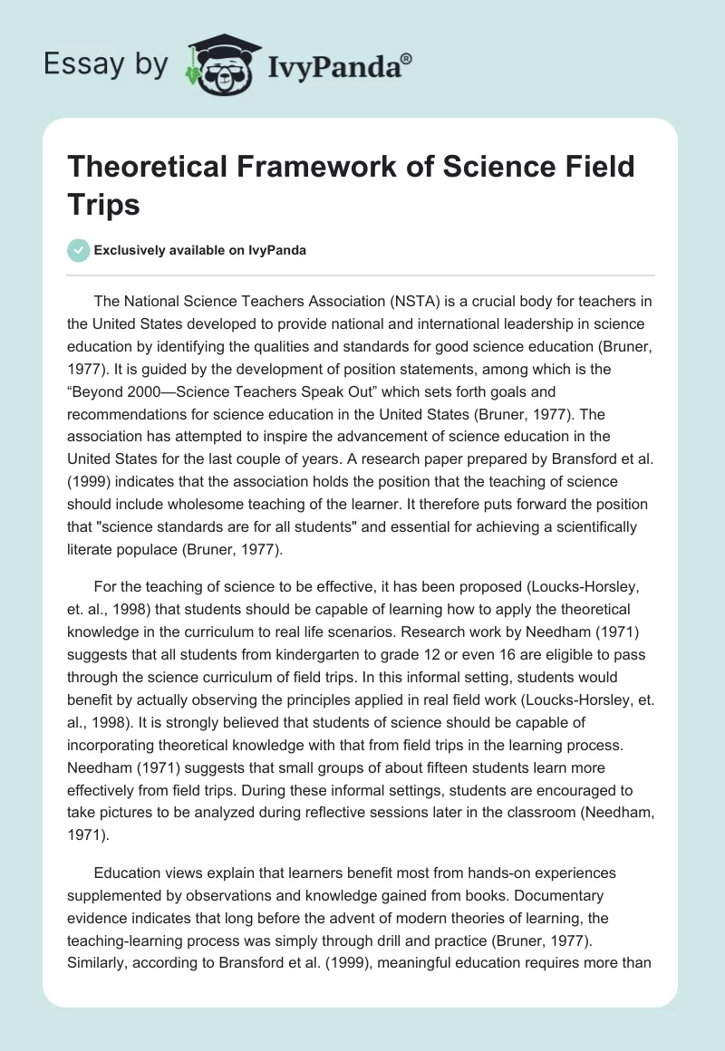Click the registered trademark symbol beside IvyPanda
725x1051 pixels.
pyautogui.click(x=407, y=57)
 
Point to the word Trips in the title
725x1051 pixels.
pyautogui.click(x=104, y=204)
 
